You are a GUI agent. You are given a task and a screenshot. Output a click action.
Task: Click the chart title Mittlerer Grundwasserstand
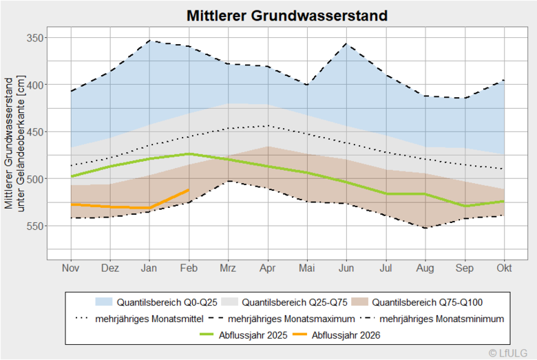(x=286, y=15)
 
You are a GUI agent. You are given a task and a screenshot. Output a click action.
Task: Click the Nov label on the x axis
(x=70, y=268)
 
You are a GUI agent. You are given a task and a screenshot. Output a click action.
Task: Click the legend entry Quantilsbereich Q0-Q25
(x=151, y=301)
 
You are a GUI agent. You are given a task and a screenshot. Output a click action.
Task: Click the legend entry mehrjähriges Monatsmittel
(x=141, y=319)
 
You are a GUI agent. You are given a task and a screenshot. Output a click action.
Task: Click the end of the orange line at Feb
(x=189, y=189)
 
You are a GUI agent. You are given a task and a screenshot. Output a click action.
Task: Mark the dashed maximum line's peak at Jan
(x=149, y=41)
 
